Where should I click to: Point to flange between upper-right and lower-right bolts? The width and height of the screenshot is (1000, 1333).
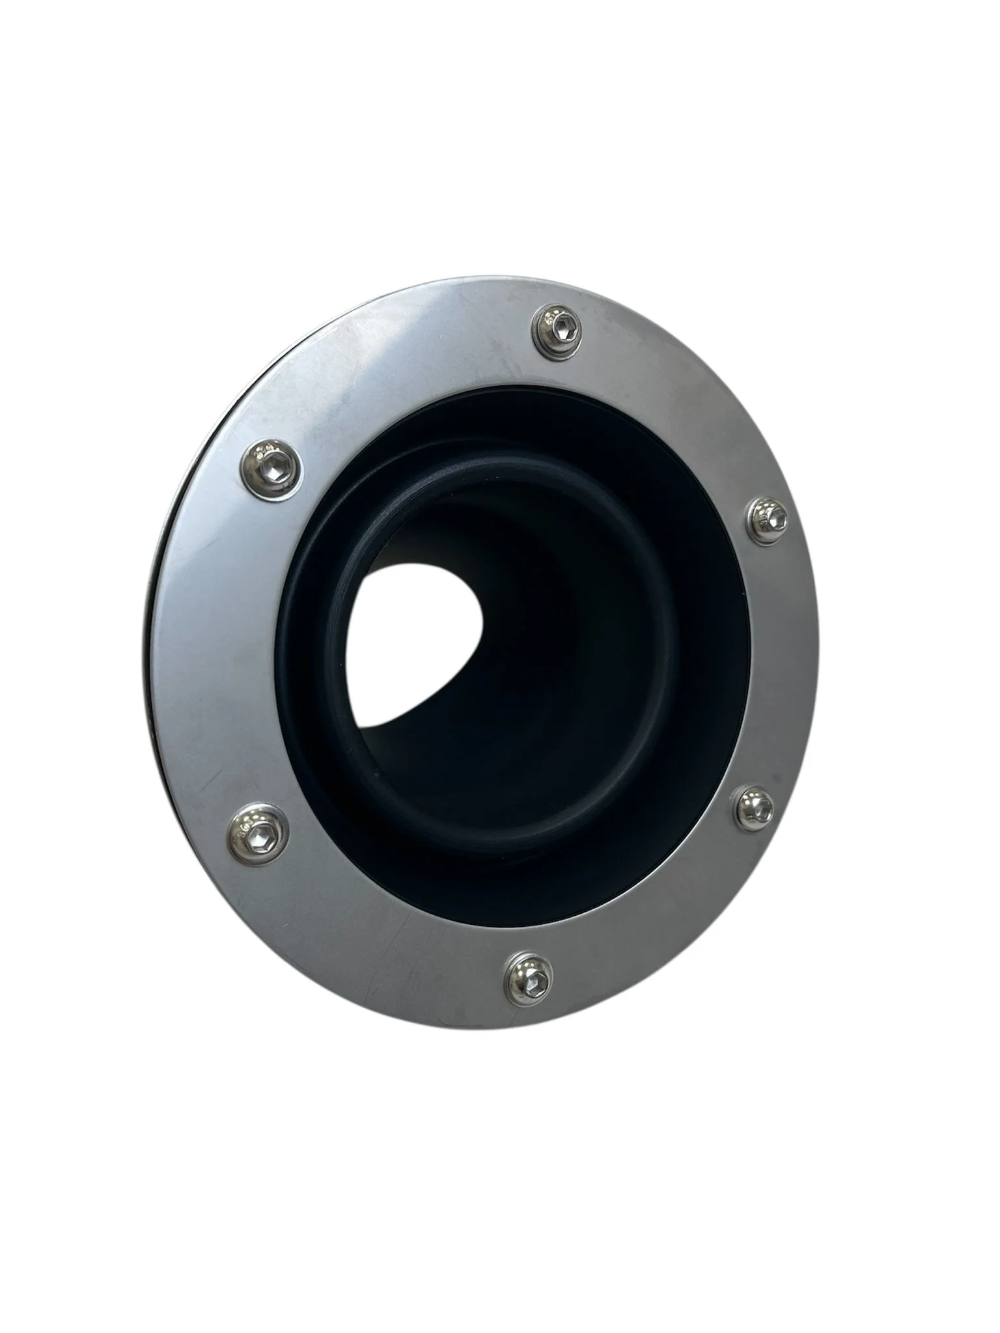(x=781, y=664)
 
